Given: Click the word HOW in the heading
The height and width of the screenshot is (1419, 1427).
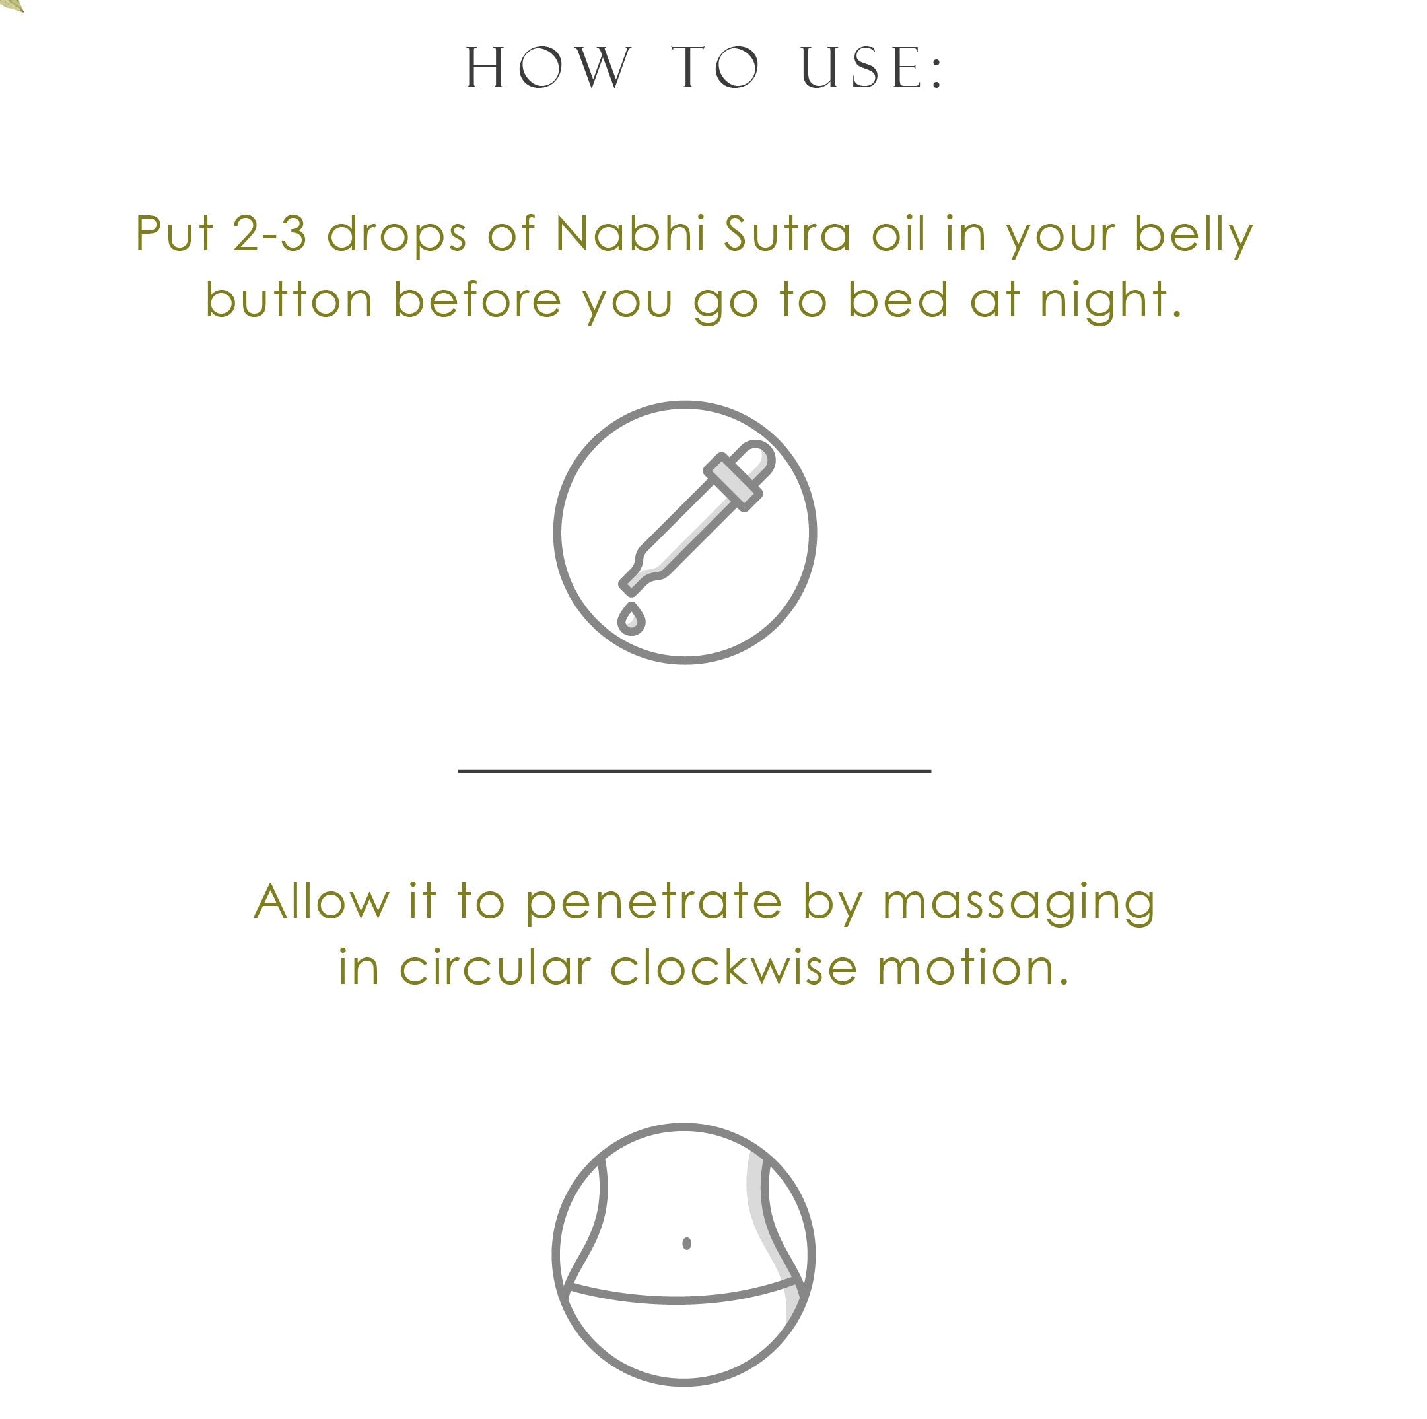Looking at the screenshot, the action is pyautogui.click(x=549, y=68).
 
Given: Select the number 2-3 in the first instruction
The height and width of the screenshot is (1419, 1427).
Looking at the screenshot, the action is pyautogui.click(x=269, y=234).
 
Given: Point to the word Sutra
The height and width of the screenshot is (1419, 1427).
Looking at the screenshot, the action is pyautogui.click(x=787, y=234).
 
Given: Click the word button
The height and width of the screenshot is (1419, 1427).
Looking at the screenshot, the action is pyautogui.click(x=289, y=300).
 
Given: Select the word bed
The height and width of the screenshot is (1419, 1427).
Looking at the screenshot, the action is pyautogui.click(x=897, y=300).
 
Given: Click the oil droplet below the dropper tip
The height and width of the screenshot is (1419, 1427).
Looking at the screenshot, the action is pyautogui.click(x=631, y=620).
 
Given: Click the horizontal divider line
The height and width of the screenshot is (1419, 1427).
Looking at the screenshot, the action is pyautogui.click(x=694, y=771).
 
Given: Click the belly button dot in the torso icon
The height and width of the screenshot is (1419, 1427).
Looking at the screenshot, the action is pyautogui.click(x=687, y=1243).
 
